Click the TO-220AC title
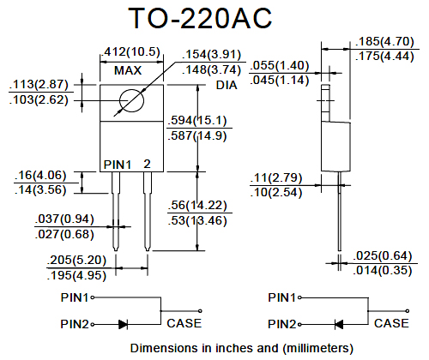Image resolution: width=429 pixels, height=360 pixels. tap(200, 18)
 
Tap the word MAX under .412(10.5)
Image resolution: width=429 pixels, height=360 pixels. tap(128, 70)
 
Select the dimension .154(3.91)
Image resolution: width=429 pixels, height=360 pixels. tap(211, 54)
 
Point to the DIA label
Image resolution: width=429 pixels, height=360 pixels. tap(227, 85)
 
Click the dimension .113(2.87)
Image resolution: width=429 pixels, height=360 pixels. tap(39, 85)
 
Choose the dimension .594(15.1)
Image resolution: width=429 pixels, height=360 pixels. tap(197, 120)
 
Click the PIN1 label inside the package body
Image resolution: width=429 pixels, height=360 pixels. tap(118, 165)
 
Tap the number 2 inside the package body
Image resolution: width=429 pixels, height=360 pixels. tap(147, 164)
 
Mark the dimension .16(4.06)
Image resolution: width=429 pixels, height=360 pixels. tap(40, 175)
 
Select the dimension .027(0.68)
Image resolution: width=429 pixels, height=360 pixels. tap(64, 234)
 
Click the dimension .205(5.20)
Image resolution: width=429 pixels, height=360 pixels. tap(76, 260)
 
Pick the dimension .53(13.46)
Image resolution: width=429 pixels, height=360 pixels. tap(197, 220)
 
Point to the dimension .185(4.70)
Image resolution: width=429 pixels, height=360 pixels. tap(384, 41)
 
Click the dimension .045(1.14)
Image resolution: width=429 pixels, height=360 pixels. tap(280, 80)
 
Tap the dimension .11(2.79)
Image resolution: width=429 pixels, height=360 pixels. tap(276, 177)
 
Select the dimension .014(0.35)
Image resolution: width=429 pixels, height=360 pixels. tap(383, 270)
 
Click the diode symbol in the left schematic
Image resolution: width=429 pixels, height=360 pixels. tap(124, 325)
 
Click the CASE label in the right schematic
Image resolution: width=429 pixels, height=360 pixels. tap(391, 323)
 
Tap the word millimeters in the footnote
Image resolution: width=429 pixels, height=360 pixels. tap(317, 348)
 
